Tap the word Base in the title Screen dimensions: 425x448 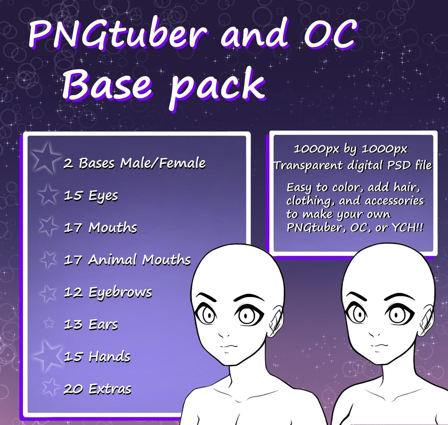[109, 85]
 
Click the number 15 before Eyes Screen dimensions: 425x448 [73, 196]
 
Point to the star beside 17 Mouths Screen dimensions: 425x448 [48, 227]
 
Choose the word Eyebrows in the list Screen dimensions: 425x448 [120, 292]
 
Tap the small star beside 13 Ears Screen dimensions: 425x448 [49, 323]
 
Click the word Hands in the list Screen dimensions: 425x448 [109, 357]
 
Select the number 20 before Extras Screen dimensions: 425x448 [73, 389]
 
